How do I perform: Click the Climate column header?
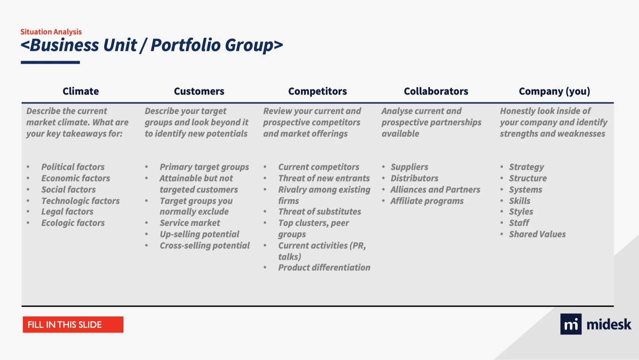tap(81, 91)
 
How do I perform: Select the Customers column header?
tap(199, 91)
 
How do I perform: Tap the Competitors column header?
tap(318, 91)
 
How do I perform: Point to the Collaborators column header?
tap(436, 91)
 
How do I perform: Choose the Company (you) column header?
tap(554, 92)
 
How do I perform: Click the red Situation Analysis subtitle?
tap(51, 32)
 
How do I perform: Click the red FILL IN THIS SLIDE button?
tap(73, 325)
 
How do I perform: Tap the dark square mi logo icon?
tap(571, 324)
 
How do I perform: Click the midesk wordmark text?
tap(609, 324)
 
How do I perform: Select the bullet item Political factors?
tap(73, 167)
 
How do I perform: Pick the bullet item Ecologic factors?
tap(73, 223)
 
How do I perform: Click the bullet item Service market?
tap(190, 223)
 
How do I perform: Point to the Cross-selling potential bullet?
tap(205, 246)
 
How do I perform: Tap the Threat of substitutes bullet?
tap(319, 211)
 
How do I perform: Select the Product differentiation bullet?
tap(324, 267)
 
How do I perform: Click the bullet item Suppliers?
tap(409, 167)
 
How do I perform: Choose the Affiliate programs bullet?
tap(427, 201)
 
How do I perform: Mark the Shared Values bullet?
tap(537, 234)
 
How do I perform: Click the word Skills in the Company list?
tap(520, 201)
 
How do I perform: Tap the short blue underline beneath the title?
tap(50, 62)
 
